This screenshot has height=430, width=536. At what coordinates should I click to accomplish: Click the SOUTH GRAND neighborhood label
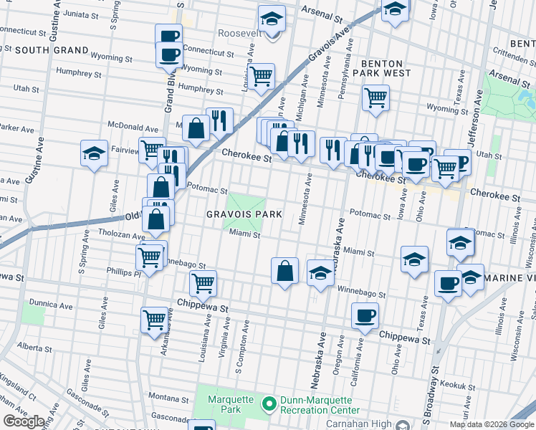pyautogui.click(x=51, y=50)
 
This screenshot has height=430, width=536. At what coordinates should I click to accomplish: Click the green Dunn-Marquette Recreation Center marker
pyautogui.click(x=269, y=405)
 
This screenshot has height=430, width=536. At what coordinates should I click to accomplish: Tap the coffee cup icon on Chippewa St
pyautogui.click(x=365, y=315)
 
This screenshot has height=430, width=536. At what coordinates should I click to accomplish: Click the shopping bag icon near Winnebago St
pyautogui.click(x=284, y=271)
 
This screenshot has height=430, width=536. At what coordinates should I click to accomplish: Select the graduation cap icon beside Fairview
pyautogui.click(x=93, y=154)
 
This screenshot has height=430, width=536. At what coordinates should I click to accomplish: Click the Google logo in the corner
pyautogui.click(x=24, y=421)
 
